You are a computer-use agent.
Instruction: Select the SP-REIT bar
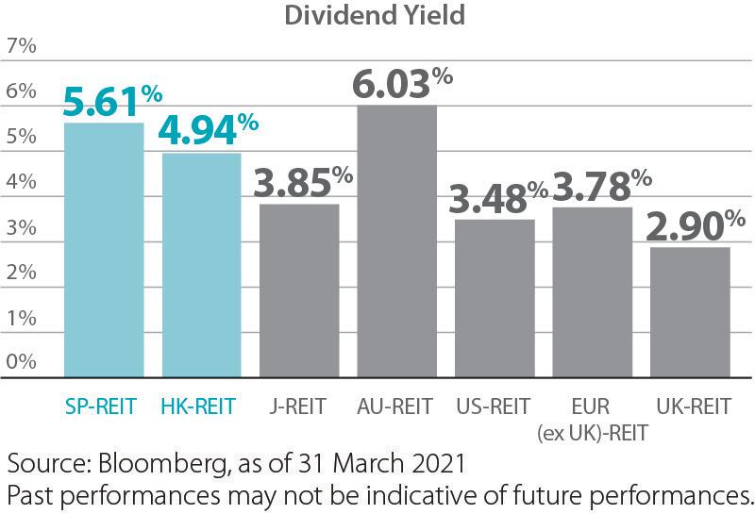(x=103, y=250)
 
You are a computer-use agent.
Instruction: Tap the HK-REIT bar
(x=201, y=265)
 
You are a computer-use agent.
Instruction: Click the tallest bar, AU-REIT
(x=396, y=240)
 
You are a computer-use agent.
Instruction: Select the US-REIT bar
(x=495, y=298)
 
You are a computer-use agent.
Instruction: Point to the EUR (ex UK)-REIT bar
(x=592, y=292)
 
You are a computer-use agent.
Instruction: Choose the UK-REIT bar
(x=690, y=312)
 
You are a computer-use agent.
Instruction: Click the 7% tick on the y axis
(x=21, y=45)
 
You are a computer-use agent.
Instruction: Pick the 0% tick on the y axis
(x=21, y=362)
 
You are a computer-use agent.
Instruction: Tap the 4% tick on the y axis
(x=21, y=181)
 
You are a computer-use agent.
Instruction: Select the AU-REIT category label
(x=395, y=406)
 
